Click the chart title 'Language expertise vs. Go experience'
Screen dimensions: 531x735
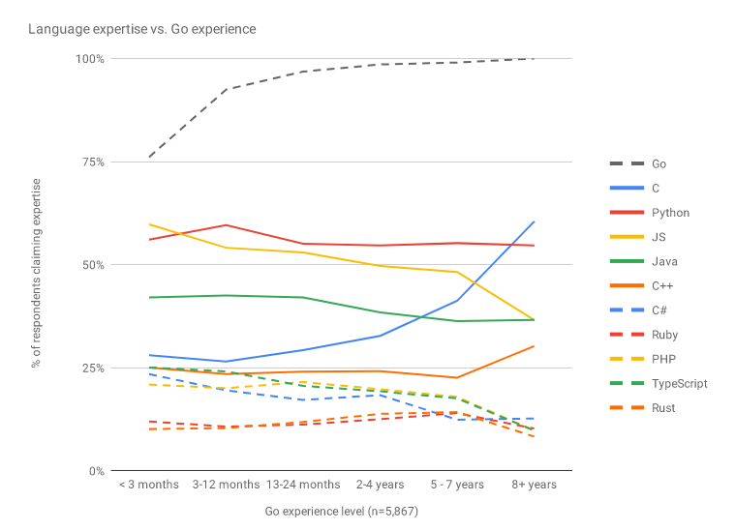[x=141, y=29]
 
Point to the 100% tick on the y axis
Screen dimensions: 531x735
[x=90, y=59]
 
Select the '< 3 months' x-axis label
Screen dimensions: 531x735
[x=149, y=485]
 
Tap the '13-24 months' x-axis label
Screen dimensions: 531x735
[x=304, y=485]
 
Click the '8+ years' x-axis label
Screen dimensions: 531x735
[x=534, y=485]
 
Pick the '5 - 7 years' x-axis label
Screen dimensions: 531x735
[x=457, y=485]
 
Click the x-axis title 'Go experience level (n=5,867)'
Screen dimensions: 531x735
[x=341, y=510]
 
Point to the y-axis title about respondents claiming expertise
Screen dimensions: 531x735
[x=37, y=272]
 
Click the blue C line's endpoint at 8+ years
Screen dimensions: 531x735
[x=534, y=221]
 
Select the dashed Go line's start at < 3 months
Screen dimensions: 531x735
[x=150, y=156]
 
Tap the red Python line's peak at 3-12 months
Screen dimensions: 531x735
[x=227, y=224]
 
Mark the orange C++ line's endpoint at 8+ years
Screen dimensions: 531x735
[x=534, y=346]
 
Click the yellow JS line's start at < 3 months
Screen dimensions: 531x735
[x=150, y=224]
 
